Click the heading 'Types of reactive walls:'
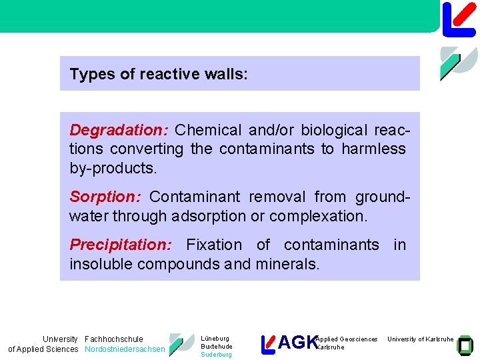tap(159, 74)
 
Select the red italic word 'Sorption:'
tap(105, 197)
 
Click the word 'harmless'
tap(373, 149)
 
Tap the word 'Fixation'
tap(214, 245)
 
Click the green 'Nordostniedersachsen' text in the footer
tap(125, 349)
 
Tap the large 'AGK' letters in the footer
tap(297, 343)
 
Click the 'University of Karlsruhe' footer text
tap(421, 339)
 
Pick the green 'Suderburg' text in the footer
tap(216, 355)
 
